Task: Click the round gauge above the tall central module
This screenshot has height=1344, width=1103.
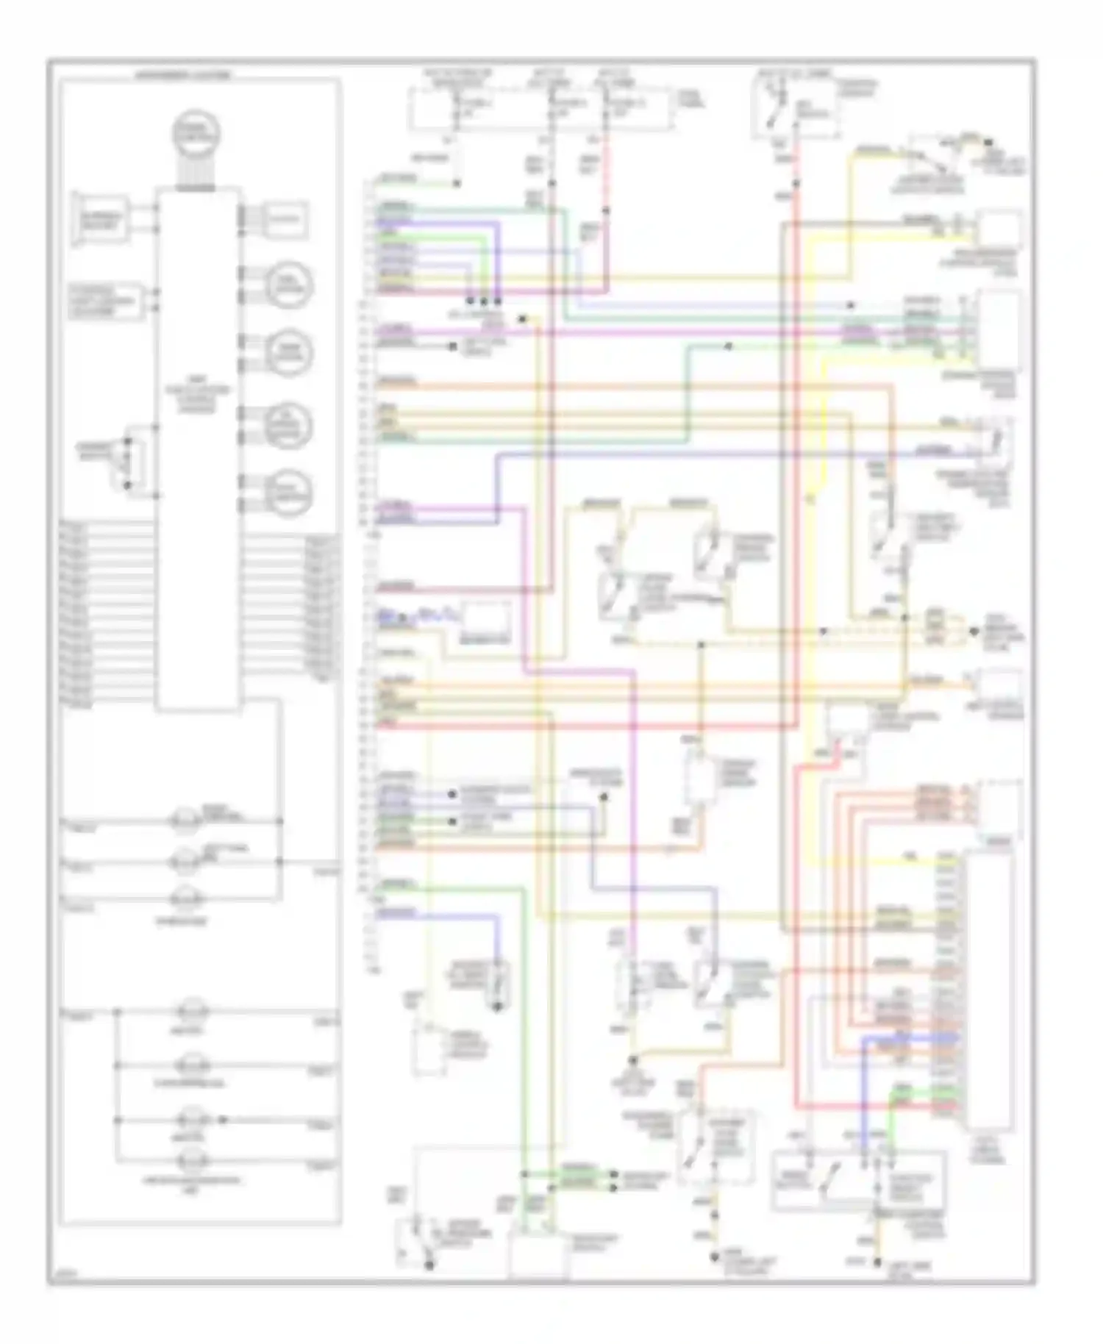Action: click(197, 132)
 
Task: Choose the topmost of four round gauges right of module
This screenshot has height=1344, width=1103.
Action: click(288, 285)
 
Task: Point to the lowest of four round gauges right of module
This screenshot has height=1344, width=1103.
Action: click(288, 493)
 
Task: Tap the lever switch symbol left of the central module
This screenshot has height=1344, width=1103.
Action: click(127, 463)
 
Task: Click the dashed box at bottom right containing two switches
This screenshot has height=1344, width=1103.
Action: click(859, 1180)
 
